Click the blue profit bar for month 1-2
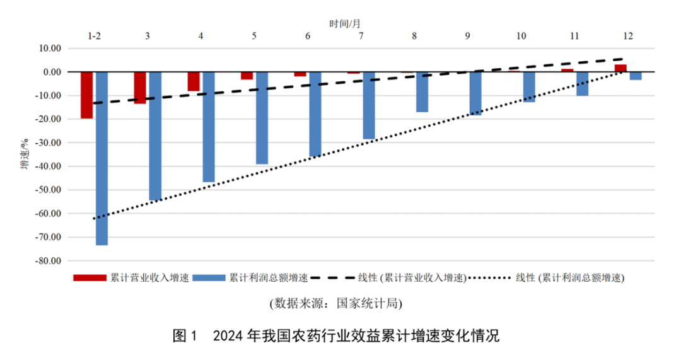pos(102,158)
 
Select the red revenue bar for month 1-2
pos(86,95)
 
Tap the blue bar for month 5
pos(262,118)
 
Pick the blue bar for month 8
pos(422,92)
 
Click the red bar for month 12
pos(620,68)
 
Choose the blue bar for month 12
pos(636,76)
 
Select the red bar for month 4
pos(194,81)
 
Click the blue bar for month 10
pos(529,87)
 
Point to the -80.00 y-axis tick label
pos(48,261)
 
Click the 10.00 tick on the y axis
pos(50,48)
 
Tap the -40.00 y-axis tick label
pos(48,166)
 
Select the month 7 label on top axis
pos(361,36)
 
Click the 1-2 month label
pos(94,36)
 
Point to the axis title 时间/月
pos(345,23)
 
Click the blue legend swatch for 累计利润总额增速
pos(209,277)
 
